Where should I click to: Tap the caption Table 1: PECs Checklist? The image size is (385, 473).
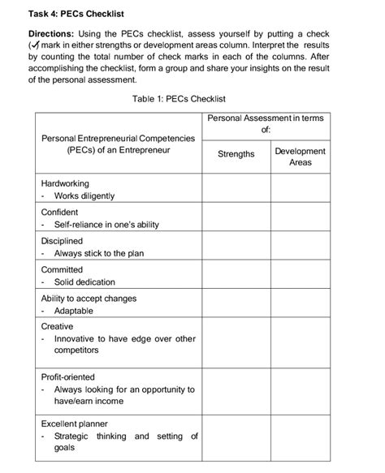point(179,99)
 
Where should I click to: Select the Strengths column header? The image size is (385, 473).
point(236,154)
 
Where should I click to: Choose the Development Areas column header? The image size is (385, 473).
point(300,157)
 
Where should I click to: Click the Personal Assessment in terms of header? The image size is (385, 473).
point(266,123)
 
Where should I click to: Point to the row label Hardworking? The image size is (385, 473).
point(65,183)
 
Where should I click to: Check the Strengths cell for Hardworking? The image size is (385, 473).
point(236,189)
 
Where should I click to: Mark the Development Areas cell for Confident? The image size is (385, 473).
point(300,217)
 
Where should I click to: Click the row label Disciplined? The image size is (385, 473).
point(62,241)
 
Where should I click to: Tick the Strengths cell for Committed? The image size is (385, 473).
point(236,275)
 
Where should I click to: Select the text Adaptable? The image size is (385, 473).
point(74,311)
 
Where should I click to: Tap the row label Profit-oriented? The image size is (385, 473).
point(68,376)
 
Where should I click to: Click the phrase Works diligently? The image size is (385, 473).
point(84,196)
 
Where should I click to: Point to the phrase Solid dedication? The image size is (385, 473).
point(84,282)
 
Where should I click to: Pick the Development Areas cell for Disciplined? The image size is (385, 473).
point(300,247)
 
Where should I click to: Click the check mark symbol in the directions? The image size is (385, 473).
point(35,46)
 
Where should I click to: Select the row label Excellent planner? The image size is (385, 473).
point(75,424)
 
